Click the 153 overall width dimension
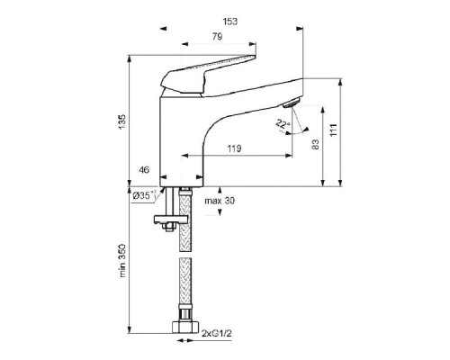click(230, 22)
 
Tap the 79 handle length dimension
click(218, 37)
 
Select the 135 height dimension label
click(122, 121)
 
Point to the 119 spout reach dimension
click(234, 148)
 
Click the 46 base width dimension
click(144, 170)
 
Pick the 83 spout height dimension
click(315, 144)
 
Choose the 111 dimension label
click(334, 130)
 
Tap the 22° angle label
click(283, 123)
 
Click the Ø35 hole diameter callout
click(145, 195)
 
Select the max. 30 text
click(220, 201)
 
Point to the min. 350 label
click(122, 261)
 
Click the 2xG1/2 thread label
click(217, 333)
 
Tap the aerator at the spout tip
click(291, 103)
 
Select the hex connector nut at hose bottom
click(185, 327)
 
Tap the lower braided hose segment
click(184, 280)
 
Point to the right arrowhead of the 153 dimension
click(300, 29)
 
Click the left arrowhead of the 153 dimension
click(163, 29)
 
